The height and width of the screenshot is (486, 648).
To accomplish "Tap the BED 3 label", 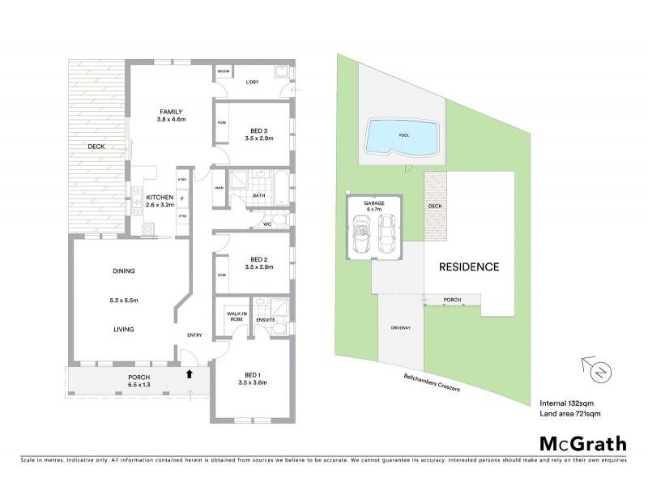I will pos(250,127).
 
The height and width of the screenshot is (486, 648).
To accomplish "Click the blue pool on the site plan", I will pos(401,138).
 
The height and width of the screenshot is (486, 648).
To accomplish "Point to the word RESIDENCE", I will pos(469,266).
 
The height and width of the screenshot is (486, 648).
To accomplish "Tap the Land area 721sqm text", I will pos(570,414).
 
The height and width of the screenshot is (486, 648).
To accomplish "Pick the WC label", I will pos(266,224).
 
